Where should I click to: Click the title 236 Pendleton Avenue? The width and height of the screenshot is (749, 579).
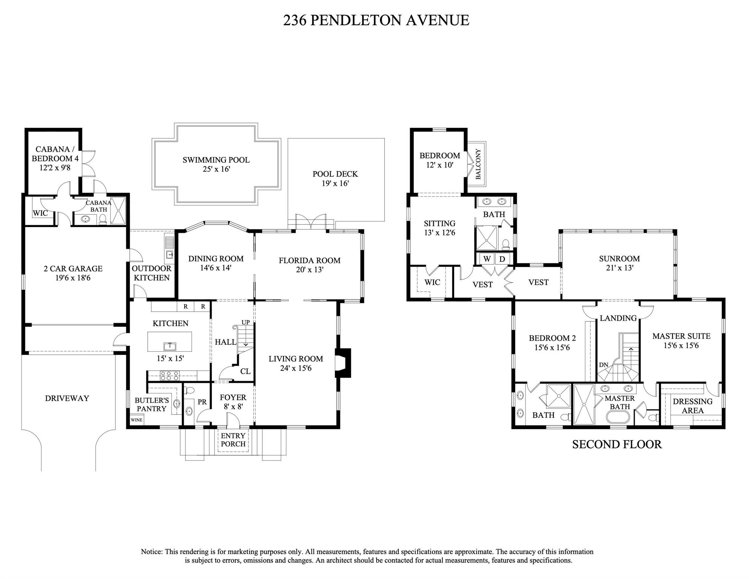point(376,20)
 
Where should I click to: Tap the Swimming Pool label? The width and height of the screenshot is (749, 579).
point(216,160)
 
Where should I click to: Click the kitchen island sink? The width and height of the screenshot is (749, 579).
point(170,346)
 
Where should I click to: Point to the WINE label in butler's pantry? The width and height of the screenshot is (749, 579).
point(136,420)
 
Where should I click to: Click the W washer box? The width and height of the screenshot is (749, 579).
point(487,259)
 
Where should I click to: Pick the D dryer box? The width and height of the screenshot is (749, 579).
point(502,259)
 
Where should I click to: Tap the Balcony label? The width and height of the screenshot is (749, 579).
point(478,164)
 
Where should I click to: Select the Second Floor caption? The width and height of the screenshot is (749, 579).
point(617,444)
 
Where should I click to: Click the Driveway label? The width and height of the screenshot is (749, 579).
point(67,398)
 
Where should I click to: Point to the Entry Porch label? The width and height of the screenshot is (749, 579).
point(233,440)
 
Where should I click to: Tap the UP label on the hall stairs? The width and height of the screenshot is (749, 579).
point(245,322)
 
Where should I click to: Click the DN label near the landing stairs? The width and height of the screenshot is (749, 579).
point(603,365)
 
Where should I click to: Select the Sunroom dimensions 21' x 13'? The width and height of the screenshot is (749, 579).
point(619,268)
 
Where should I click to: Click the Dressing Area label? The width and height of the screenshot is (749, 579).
point(692,406)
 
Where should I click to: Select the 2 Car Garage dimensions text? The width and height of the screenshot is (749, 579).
point(73,278)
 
